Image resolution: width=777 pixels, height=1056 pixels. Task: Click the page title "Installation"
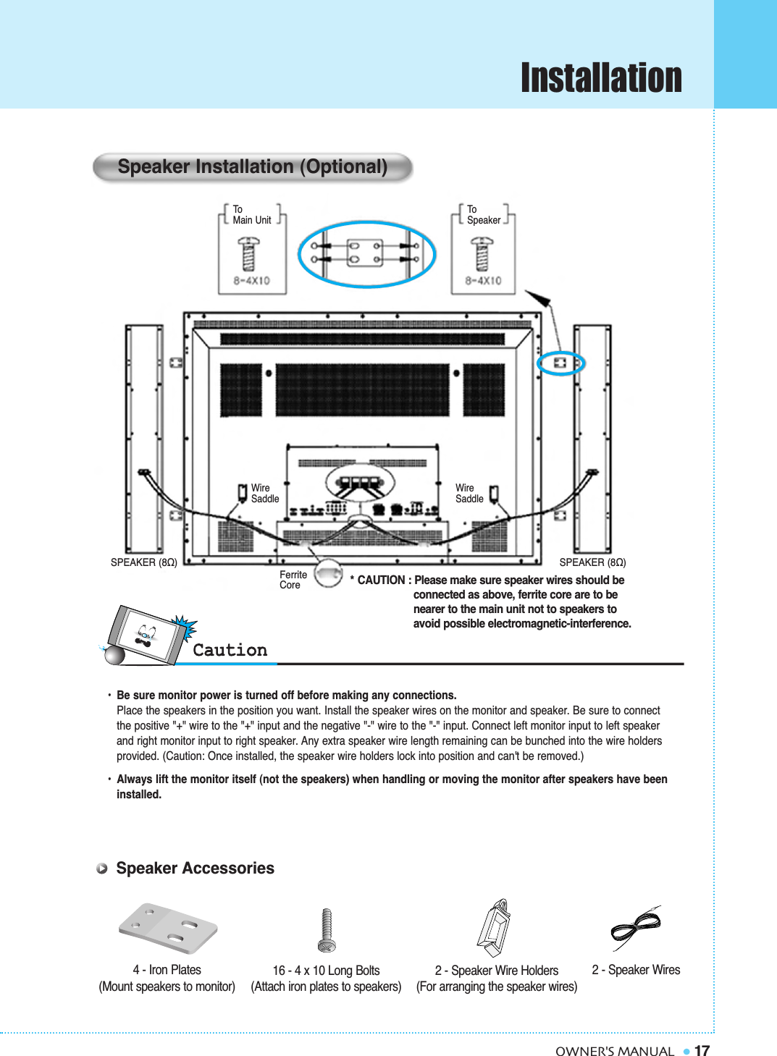coord(600,77)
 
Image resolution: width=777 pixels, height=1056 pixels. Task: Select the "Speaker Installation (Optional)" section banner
coord(252,167)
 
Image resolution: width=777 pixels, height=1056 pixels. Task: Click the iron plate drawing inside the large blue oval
coord(366,253)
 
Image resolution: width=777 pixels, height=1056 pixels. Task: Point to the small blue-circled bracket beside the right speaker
coord(560,363)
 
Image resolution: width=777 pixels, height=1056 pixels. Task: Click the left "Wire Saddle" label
coord(264,494)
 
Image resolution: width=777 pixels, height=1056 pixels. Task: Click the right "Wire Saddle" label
coord(469,494)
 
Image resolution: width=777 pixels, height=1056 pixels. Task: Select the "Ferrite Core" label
coord(293,580)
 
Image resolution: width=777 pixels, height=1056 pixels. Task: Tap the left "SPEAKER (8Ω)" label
coord(143,562)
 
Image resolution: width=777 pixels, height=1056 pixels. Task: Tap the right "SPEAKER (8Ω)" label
coord(592,562)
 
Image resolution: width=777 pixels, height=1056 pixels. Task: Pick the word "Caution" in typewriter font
coord(230,650)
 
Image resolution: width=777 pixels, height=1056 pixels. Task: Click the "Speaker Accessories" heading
coord(195,868)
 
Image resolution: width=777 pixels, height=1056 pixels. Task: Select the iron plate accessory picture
coord(168,929)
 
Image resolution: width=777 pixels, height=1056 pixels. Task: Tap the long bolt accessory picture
coord(327,930)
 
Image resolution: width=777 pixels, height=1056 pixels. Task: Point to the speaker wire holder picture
coord(495,928)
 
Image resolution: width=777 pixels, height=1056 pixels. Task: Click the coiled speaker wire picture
coord(635,927)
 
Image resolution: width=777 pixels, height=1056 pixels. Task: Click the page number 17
coord(702,1051)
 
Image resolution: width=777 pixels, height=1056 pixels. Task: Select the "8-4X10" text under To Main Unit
coord(251,281)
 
